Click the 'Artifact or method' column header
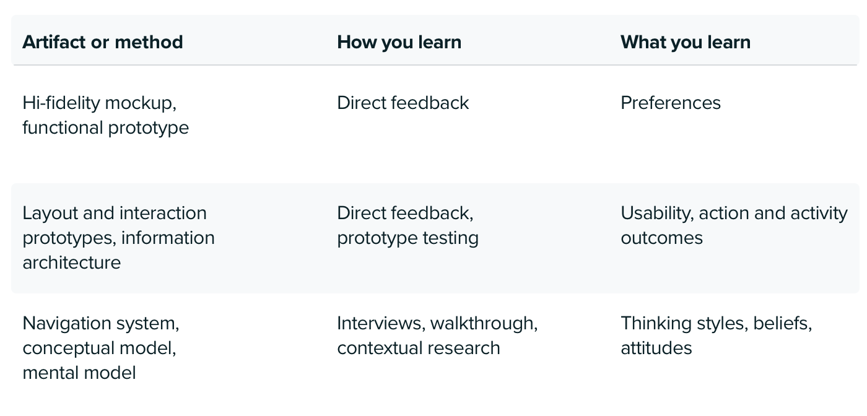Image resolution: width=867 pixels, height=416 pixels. point(103,42)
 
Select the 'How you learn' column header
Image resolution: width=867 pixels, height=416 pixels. point(399,42)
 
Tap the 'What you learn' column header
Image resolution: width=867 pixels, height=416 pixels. point(686,42)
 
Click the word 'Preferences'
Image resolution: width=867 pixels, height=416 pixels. point(671,103)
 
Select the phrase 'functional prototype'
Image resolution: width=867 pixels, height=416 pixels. point(106,128)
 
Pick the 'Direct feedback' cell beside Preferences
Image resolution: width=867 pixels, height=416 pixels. point(403,103)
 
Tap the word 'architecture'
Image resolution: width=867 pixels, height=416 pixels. point(72,262)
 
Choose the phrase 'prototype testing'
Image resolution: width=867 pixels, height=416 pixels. point(408,238)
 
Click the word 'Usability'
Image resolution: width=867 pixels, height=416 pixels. point(657,213)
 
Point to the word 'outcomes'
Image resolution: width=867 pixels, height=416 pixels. point(662,238)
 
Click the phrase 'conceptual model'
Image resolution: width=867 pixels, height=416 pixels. point(100,348)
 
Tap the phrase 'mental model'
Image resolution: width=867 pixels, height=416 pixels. point(79,373)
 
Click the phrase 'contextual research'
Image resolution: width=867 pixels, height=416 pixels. point(419,348)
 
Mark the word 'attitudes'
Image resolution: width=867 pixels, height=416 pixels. point(656,348)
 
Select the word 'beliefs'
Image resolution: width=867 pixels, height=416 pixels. point(783,323)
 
